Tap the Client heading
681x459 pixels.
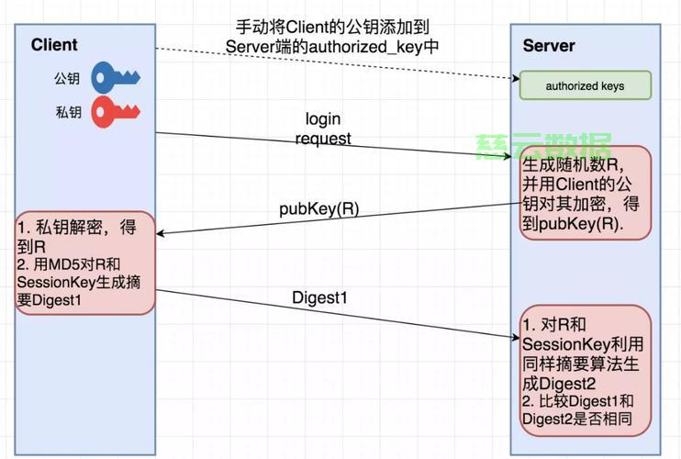(54, 45)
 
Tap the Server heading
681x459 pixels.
(549, 46)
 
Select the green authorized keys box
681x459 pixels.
(585, 86)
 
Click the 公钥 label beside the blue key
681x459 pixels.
(67, 78)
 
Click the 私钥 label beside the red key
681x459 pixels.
(67, 113)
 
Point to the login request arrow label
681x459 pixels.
(323, 129)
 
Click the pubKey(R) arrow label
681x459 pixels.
(318, 208)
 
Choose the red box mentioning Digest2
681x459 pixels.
(585, 371)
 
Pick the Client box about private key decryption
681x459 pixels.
(84, 264)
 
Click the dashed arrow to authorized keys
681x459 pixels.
(330, 63)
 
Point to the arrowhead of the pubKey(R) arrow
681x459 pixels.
(161, 234)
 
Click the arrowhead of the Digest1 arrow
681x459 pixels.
(515, 338)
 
